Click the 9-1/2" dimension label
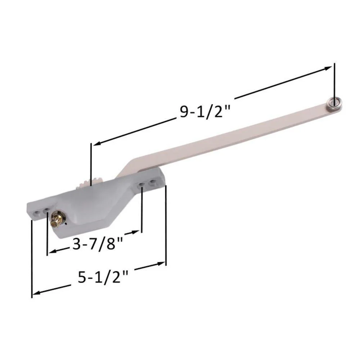pyautogui.click(x=204, y=112)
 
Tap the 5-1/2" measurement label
pyautogui.click(x=103, y=277)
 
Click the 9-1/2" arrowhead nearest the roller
pyautogui.click(x=328, y=68)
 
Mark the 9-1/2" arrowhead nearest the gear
pyautogui.click(x=97, y=143)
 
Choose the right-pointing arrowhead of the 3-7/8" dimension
pyautogui.click(x=135, y=232)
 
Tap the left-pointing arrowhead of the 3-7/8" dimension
pyautogui.click(x=53, y=251)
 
